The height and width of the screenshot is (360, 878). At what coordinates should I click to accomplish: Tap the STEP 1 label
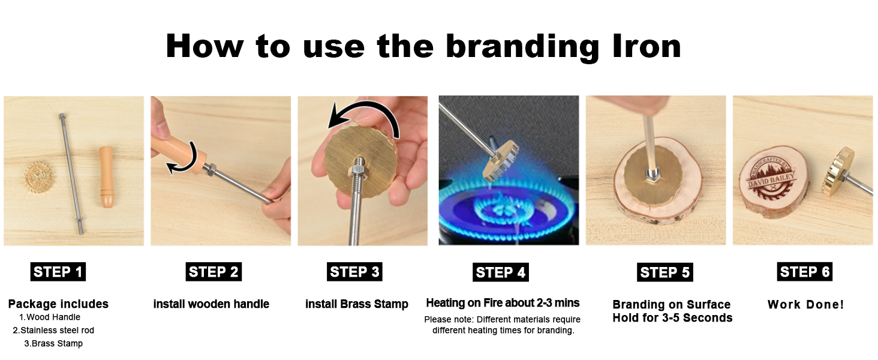[x=58, y=272]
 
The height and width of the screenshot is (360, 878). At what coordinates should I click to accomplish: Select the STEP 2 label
[x=214, y=272]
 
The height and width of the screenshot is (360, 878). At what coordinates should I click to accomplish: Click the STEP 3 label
[x=354, y=272]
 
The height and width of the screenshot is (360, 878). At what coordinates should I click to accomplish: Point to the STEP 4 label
[x=500, y=272]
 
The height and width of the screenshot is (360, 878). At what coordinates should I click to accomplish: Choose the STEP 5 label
[x=664, y=272]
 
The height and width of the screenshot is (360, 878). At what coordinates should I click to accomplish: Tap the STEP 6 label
[x=804, y=272]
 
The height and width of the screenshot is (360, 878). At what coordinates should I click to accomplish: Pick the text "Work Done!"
[x=805, y=304]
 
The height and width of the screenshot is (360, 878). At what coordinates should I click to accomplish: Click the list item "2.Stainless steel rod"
[x=53, y=330]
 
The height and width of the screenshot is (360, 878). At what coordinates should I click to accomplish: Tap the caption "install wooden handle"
[x=211, y=304]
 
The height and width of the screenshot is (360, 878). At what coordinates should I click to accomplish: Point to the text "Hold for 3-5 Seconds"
[x=672, y=318]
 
